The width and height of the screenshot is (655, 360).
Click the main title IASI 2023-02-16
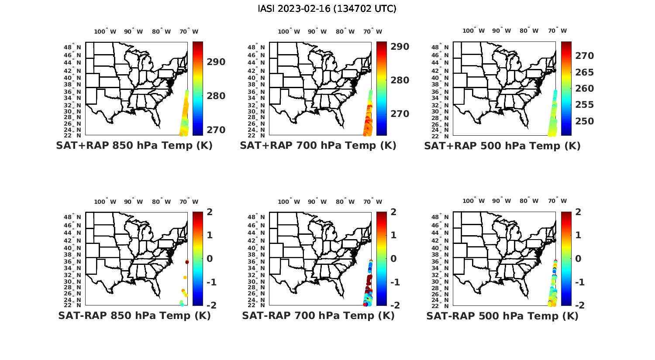click(x=327, y=9)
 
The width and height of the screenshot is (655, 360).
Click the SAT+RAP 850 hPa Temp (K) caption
click(x=134, y=145)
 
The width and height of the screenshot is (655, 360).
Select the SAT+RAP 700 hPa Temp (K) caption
click(x=318, y=145)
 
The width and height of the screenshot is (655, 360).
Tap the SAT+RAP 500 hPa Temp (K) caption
click(x=502, y=146)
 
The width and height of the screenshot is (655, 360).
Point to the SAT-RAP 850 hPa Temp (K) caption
click(x=134, y=315)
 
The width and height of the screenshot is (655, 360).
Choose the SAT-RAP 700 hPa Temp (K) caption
click(x=318, y=315)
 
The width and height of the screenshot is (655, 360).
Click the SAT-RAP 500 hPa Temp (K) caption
click(x=502, y=316)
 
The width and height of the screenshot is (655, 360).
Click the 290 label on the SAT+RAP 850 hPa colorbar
click(x=216, y=62)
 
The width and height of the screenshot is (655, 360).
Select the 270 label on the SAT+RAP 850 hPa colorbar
click(x=216, y=130)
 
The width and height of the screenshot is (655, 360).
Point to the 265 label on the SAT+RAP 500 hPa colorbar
click(x=584, y=72)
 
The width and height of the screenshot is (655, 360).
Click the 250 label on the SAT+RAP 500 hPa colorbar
click(x=584, y=121)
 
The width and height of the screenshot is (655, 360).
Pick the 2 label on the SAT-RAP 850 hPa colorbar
click(x=210, y=212)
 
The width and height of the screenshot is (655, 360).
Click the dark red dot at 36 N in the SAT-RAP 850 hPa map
click(x=187, y=262)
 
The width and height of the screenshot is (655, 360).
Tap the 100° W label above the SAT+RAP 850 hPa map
click(x=105, y=31)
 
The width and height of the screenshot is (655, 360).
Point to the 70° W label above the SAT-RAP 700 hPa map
click(x=372, y=202)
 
